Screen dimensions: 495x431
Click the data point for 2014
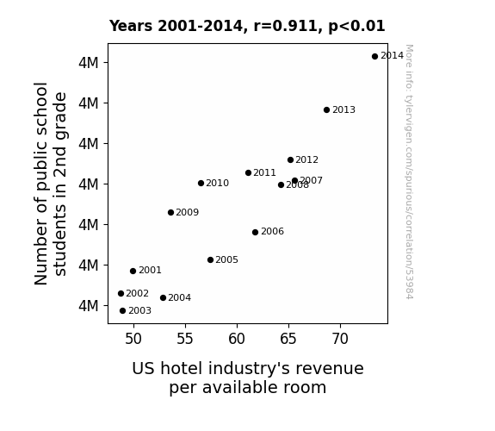point(374,57)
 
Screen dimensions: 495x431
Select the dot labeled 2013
point(327,110)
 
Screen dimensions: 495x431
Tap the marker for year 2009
point(170,213)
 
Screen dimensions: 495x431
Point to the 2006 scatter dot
point(256,233)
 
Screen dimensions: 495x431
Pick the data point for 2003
point(123,311)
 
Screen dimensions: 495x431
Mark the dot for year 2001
point(133,271)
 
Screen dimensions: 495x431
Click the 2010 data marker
point(201,183)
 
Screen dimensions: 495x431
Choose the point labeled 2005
point(211,260)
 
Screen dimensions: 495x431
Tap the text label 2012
point(306,160)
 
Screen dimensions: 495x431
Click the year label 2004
point(179,298)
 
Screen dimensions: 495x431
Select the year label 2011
point(264,173)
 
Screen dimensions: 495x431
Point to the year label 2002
point(137,293)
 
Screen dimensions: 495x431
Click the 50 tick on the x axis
point(133,339)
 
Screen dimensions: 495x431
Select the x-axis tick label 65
point(288,339)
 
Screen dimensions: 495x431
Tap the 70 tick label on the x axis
point(340,339)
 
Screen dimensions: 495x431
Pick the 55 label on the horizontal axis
point(185,339)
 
